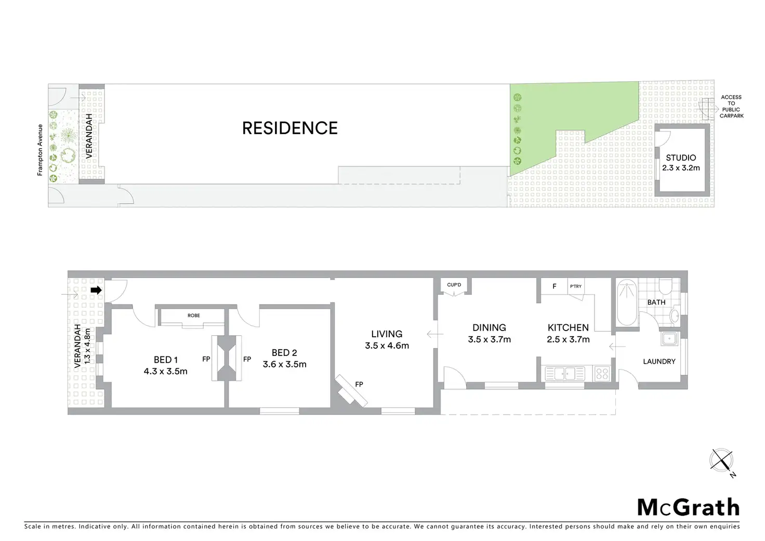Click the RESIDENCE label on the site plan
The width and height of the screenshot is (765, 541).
pos(290,128)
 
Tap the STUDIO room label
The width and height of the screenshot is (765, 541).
pos(681,157)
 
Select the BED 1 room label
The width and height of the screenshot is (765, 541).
pos(166,360)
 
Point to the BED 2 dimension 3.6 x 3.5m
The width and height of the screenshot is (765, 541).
pos(284,364)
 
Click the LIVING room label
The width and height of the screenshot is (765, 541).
pos(387,334)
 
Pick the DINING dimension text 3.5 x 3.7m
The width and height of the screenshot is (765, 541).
pos(489,339)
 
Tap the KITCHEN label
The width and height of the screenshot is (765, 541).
pos(568,327)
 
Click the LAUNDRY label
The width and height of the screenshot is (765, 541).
pos(659,361)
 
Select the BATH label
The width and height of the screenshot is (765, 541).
pos(656,302)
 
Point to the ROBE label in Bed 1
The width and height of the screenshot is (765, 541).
pos(193,315)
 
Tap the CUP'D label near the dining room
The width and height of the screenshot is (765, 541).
pos(454,285)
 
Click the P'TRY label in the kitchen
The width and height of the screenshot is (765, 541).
pos(576,286)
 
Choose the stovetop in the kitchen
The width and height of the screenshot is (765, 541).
pos(602,373)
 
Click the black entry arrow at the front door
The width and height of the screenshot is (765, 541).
pos(96,290)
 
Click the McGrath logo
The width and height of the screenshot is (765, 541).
pos(688,507)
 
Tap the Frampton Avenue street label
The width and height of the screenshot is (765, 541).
pos(40,150)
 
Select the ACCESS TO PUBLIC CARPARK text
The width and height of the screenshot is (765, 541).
pos(731,107)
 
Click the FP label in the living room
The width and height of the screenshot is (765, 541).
pos(359,385)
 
